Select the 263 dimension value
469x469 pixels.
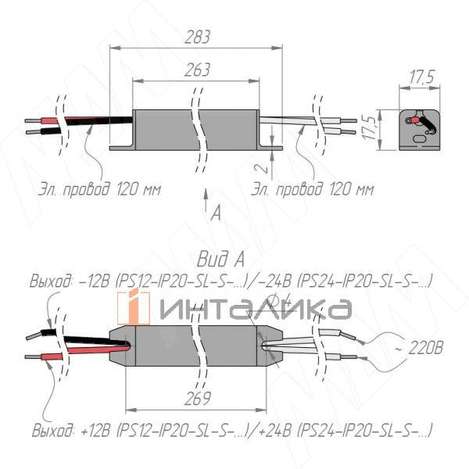pos(197,70)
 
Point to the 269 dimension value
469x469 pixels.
pos(200,399)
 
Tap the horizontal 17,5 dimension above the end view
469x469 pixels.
pos(421,77)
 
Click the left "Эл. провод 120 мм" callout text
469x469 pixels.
pos(98,189)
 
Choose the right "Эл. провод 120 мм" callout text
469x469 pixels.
pos(313,189)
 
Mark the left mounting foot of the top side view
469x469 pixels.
pos(121,146)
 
